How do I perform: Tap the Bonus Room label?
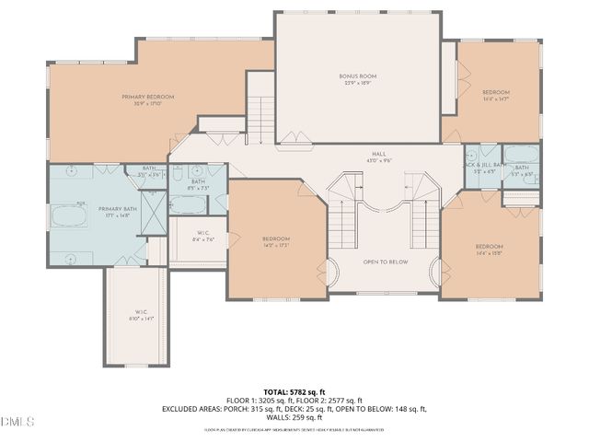(x=359, y=79)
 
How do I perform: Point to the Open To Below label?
(x=385, y=262)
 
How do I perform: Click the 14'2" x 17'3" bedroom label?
(x=275, y=242)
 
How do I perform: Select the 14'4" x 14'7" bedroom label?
(x=496, y=95)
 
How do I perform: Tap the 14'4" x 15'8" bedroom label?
(x=489, y=249)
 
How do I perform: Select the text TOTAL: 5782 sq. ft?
(x=294, y=390)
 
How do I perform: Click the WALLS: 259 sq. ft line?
(x=294, y=418)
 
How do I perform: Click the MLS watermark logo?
(x=17, y=422)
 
